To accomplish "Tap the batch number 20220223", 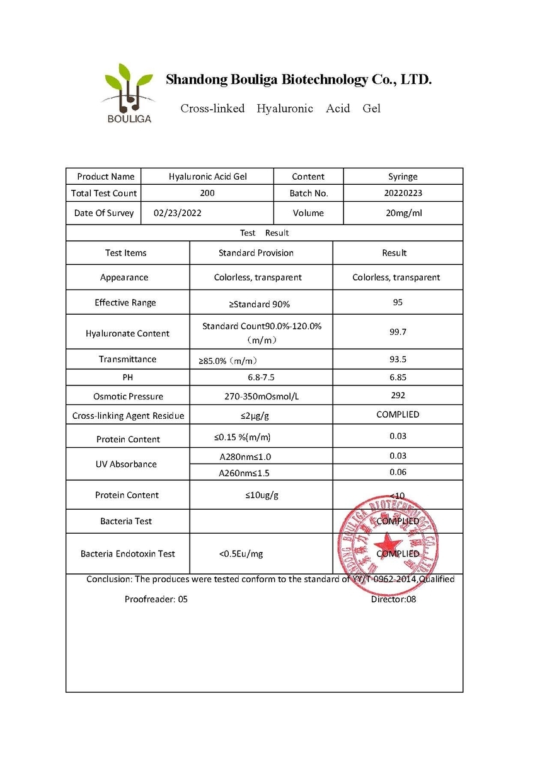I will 403,194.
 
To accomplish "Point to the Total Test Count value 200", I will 207,194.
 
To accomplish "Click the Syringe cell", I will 403,177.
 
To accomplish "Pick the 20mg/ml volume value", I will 403,213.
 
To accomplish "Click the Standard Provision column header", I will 256,253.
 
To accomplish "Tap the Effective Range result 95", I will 398,302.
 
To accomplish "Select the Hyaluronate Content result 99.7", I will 398,331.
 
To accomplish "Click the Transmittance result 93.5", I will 398,359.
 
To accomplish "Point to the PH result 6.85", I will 398,377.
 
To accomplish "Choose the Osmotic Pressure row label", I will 128,397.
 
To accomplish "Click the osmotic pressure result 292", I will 398,396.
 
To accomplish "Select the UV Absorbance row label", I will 128,464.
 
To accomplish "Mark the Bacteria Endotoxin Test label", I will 128,554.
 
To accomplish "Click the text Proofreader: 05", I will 156,599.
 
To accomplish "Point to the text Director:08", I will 393,599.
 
